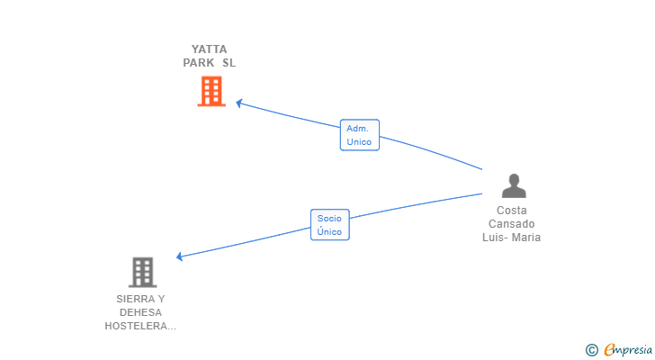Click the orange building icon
coord(211,91)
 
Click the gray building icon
coord(142,273)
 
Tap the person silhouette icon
coord(514,185)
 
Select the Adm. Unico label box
coord(360,135)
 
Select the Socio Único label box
coord(330,225)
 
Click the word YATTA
coord(210,49)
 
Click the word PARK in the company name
coord(199,63)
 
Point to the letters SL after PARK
coord(229,63)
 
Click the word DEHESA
coord(140,312)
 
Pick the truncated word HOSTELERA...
coord(140,326)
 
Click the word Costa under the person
coord(512,211)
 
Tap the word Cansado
coord(512,224)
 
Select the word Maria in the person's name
coord(526,238)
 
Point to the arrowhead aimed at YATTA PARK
coord(239,103)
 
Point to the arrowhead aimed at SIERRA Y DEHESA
coord(180,256)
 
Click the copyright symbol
coord(591,350)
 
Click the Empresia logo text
coord(628,349)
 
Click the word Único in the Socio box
coord(329,231)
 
